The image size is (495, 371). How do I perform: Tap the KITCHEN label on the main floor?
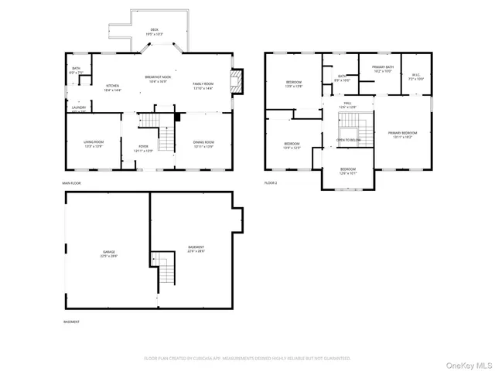tap(112, 87)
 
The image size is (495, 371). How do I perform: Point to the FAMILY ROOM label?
tap(203, 85)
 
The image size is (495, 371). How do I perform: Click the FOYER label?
tap(144, 145)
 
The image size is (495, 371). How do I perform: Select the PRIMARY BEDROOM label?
tap(401, 135)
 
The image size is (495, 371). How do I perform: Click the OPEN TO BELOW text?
tap(349, 140)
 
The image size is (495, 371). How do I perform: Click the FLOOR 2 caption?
tap(271, 183)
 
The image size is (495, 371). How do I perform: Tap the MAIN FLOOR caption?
tap(72, 183)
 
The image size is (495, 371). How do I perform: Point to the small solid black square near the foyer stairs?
tap(177, 117)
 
